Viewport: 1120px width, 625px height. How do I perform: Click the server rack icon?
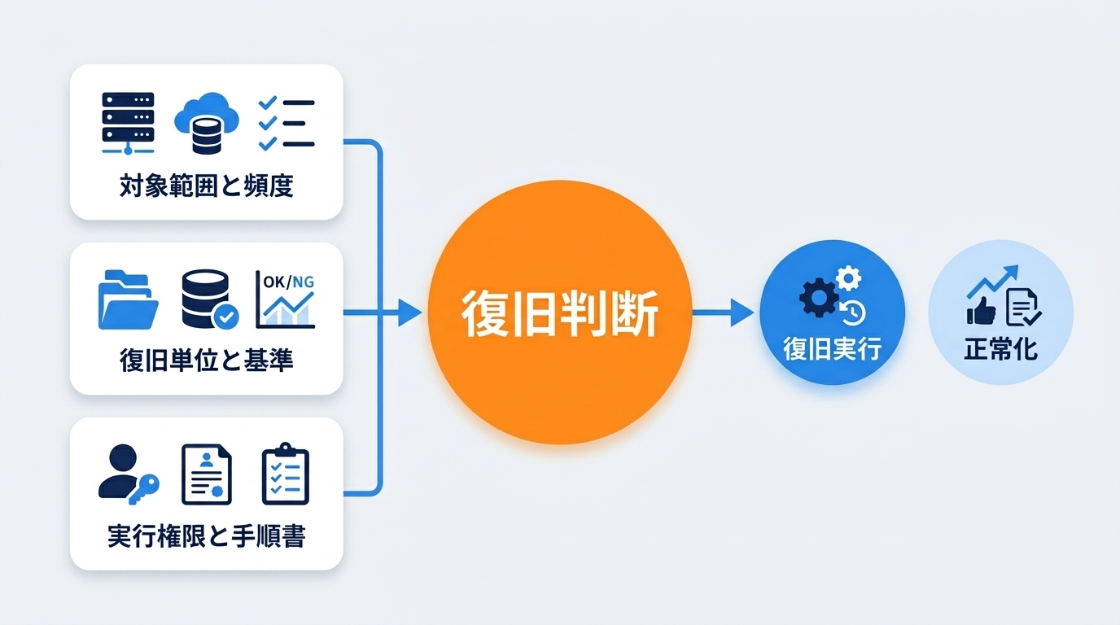[x=128, y=123]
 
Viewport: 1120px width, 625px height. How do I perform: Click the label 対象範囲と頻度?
[x=206, y=186]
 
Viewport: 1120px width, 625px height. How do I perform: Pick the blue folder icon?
[x=128, y=299]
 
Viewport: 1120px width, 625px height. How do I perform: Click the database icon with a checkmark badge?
[x=208, y=299]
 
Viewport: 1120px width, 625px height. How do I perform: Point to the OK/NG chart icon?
[x=286, y=299]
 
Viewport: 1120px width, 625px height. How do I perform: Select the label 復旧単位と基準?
[x=206, y=361]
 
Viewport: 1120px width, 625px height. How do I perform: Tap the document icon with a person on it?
[x=206, y=474]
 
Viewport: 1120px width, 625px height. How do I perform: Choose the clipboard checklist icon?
[x=285, y=474]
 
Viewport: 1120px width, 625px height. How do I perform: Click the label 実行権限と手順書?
[x=206, y=536]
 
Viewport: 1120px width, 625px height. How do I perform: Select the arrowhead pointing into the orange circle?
[x=409, y=312]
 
